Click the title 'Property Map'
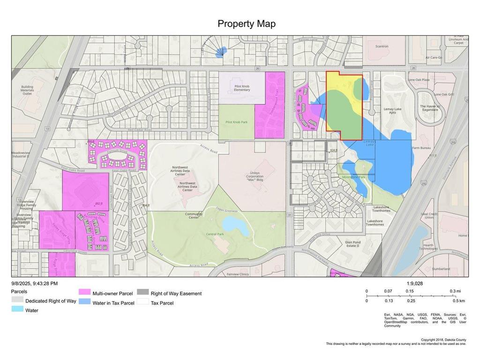click(247, 24)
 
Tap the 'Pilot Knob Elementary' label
click(241, 88)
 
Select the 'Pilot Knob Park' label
click(236, 122)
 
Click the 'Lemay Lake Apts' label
click(393, 111)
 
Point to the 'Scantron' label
click(382, 46)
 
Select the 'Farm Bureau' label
click(421, 148)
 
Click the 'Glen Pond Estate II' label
click(352, 244)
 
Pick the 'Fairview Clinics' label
click(237, 274)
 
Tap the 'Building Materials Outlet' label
click(27, 90)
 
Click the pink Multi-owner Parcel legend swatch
click(84, 293)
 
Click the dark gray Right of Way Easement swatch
click(143, 293)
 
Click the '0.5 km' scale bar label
click(459, 300)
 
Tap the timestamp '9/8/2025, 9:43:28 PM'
click(35, 284)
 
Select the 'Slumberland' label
click(441, 269)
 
